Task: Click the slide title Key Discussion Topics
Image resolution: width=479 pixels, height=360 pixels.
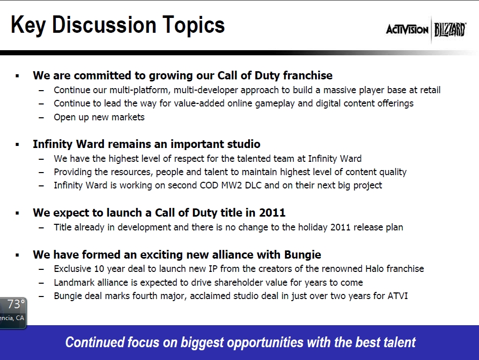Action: [118, 25]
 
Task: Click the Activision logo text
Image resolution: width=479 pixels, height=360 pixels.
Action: [407, 30]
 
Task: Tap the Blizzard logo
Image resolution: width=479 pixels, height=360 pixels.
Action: [450, 30]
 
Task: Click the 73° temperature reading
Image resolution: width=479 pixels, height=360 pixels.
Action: [15, 305]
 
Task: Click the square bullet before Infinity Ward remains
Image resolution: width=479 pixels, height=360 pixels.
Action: [17, 145]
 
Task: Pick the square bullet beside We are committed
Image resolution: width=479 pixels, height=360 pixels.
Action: [17, 76]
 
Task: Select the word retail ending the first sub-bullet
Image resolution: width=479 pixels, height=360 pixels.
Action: [427, 90]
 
